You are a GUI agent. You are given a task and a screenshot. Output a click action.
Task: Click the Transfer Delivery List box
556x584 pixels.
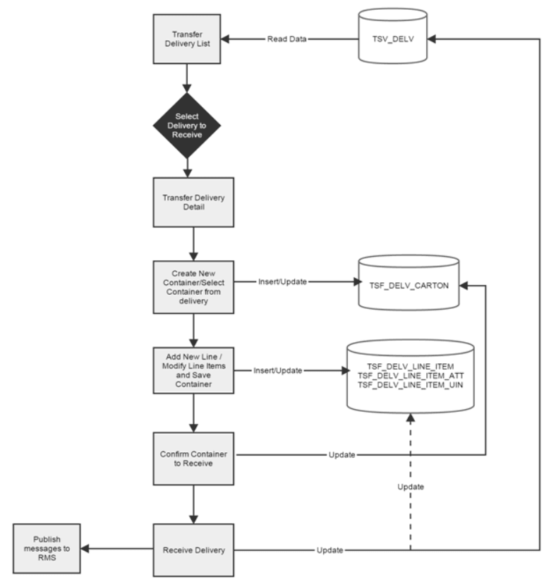tap(187, 39)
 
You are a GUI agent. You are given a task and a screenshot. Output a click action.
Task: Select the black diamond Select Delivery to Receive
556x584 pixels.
tap(187, 126)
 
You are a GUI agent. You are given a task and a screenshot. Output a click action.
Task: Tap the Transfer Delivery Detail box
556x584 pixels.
tap(187, 203)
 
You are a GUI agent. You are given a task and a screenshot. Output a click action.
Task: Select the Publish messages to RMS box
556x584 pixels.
tap(48, 549)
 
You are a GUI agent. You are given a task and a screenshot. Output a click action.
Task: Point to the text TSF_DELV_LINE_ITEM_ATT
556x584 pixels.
tap(410, 377)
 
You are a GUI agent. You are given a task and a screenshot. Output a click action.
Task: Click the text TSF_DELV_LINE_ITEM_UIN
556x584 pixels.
tap(410, 386)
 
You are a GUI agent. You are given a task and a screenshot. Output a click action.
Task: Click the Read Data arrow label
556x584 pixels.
tap(286, 39)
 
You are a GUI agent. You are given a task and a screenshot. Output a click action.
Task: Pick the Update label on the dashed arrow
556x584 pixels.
tap(410, 487)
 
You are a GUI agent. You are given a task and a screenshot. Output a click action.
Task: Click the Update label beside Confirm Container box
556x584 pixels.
tap(342, 455)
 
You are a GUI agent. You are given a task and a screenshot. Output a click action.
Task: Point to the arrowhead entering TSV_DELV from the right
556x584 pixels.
tap(432, 39)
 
